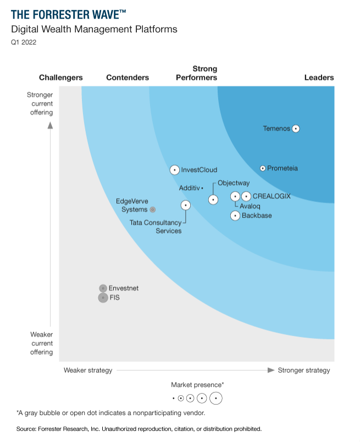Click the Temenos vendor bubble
pos(296,128)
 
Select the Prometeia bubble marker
pos(263,168)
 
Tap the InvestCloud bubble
pos(174,170)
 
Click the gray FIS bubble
pos(103,298)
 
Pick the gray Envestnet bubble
pos(103,288)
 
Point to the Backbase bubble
pos(235,215)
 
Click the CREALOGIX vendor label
pos(272,196)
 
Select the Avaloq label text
pos(250,206)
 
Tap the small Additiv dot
pos(202,188)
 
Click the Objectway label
pos(234,182)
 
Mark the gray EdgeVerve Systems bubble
pos(153,209)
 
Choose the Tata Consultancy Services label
pos(155,227)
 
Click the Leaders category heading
pos(319,77)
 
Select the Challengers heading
pos(61,77)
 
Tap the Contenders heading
pos(128,77)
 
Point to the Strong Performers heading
pos(197,73)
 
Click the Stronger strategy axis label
pos(304,370)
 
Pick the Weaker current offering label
pos(42,343)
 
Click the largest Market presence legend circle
pos(216,398)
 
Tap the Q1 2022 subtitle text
pos(23,42)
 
